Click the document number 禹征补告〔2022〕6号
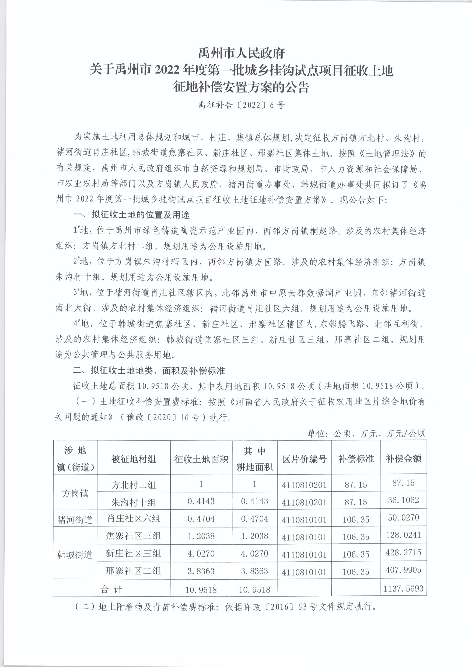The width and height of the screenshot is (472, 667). point(241,105)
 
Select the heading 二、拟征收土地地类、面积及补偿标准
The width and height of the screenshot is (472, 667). point(149,371)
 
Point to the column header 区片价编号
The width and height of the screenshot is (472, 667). point(304,459)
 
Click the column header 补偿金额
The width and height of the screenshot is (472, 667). point(403,459)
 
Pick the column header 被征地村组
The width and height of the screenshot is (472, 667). point(134,459)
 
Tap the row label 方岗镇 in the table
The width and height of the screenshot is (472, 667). point(75,493)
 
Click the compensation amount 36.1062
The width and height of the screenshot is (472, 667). point(403,500)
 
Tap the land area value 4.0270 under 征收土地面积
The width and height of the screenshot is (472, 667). point(201,554)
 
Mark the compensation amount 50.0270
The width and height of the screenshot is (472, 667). point(403,517)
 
